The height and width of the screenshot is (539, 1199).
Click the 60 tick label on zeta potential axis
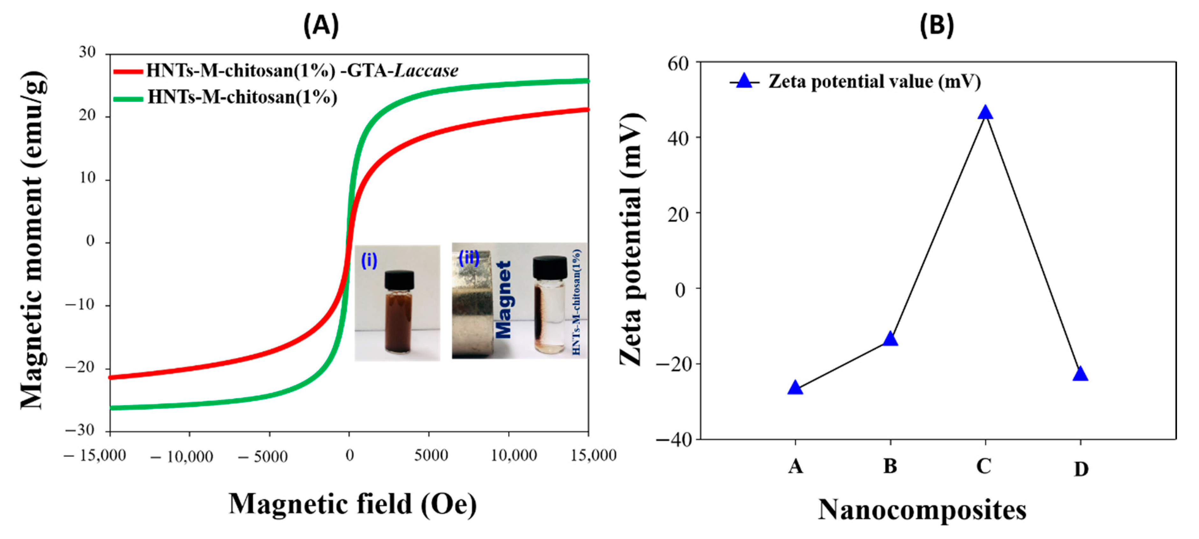pos(678,64)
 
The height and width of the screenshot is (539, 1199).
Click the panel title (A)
pos(321,25)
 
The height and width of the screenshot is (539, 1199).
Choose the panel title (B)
pos(936,25)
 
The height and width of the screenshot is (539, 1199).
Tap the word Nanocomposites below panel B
pos(922,510)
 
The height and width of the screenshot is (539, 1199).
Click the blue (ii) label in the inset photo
pos(469,257)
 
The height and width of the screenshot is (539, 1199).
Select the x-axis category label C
pos(984,466)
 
